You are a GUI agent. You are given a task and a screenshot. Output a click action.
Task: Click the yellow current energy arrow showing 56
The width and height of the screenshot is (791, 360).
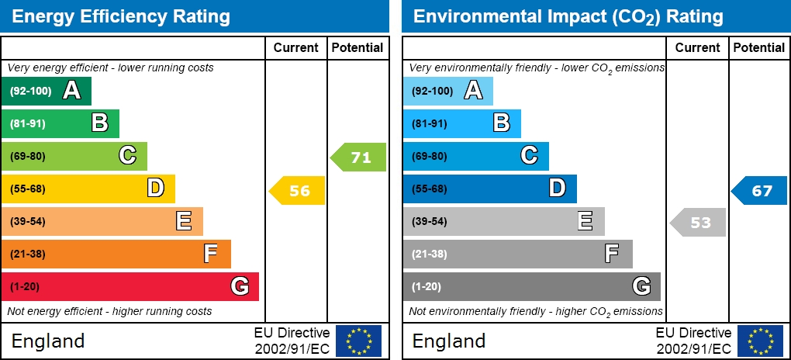point(298,191)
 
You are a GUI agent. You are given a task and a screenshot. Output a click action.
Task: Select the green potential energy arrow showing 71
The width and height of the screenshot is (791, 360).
point(359,157)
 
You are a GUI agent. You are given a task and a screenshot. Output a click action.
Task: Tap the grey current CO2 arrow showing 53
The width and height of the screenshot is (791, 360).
point(698,223)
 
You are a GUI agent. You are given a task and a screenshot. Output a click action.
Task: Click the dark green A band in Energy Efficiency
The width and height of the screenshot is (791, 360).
point(47,91)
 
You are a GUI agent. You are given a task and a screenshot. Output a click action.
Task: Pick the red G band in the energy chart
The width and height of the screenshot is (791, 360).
point(130,286)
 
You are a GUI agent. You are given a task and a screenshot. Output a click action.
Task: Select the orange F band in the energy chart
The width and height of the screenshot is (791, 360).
point(116,254)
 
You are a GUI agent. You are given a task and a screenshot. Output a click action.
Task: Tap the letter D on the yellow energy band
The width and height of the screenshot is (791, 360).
point(156,189)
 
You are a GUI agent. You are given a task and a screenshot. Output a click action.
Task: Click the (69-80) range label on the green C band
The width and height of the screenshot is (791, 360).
point(28,156)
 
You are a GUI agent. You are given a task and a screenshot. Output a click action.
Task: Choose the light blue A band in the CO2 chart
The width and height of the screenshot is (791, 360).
point(447,91)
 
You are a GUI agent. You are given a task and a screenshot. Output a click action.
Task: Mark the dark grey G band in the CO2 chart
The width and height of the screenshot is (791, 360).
point(531,286)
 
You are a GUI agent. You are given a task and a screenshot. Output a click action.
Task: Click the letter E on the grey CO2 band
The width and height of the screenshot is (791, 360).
point(585,221)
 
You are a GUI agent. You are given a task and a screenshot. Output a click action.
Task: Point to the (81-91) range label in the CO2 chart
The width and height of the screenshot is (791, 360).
point(429,123)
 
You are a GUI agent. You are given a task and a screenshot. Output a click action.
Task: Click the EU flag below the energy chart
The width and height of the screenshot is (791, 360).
point(358,341)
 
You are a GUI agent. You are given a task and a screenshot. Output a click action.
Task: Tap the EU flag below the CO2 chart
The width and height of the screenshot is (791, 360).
point(760,341)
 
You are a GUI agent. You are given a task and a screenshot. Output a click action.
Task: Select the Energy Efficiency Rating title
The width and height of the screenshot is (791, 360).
point(121,16)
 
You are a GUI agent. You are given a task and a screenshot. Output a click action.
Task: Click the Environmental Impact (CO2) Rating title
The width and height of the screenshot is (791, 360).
point(568,16)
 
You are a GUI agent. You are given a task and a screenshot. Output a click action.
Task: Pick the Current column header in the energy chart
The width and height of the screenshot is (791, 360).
point(296,48)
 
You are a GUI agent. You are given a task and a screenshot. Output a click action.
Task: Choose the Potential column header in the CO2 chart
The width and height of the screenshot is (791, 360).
point(758,48)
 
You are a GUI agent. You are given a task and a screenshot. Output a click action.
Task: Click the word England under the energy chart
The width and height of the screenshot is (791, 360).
point(47,341)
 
